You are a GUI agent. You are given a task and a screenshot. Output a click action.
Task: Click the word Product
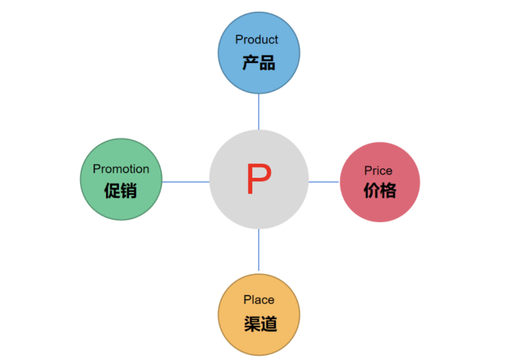(x=257, y=39)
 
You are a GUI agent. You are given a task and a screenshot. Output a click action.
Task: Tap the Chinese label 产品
(x=259, y=63)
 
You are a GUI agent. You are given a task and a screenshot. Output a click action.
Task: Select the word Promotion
(x=121, y=169)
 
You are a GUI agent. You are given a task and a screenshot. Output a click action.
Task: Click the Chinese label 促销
(x=121, y=190)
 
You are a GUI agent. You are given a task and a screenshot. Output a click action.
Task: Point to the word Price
(x=378, y=171)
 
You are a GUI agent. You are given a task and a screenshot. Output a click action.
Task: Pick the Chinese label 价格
(x=380, y=191)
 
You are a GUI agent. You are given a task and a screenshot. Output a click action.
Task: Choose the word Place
(x=259, y=300)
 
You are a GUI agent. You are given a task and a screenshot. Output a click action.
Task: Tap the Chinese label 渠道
(x=260, y=324)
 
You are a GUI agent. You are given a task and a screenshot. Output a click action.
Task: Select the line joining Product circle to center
(x=259, y=112)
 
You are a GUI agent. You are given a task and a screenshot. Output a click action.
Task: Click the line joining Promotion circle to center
(x=186, y=182)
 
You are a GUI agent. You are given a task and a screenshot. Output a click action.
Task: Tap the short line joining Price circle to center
(x=324, y=182)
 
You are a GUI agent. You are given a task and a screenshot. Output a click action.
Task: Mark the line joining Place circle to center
(x=259, y=250)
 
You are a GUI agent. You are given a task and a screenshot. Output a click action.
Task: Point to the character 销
(x=129, y=190)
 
